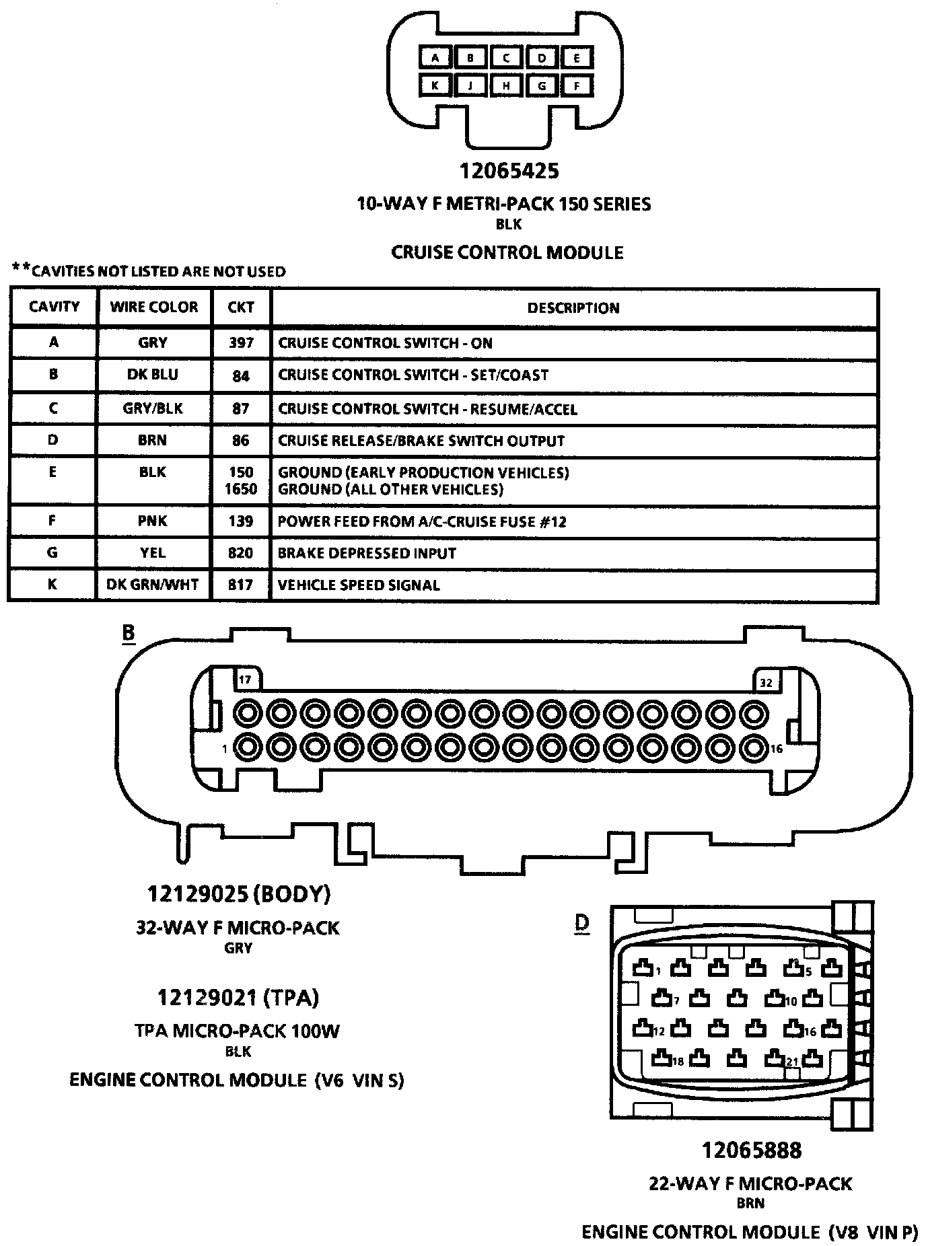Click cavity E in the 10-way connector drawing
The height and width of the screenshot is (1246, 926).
tap(577, 58)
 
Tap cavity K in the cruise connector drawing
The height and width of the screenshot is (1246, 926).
tap(435, 85)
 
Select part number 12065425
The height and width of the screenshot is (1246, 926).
tap(509, 171)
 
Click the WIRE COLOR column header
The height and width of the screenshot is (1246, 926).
tap(154, 307)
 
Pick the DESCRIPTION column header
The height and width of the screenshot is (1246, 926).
tap(573, 308)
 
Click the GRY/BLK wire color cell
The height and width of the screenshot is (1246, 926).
tap(153, 408)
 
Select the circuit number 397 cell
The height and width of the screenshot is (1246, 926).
tap(241, 343)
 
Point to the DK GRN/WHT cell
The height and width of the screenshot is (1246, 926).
tap(153, 585)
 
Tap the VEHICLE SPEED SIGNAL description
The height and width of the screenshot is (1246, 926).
tap(359, 585)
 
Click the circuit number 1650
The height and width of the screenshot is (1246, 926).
tap(241, 489)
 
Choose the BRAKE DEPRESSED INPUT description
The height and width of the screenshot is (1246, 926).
tap(367, 553)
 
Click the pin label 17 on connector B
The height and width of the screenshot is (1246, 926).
tap(245, 680)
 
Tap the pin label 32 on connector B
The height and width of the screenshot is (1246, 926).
tap(766, 683)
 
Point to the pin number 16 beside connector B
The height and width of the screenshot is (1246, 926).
tap(777, 749)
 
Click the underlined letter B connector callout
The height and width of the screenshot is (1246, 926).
tap(128, 633)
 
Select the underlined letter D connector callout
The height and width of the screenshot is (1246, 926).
tap(582, 924)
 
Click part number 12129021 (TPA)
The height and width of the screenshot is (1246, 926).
tap(238, 997)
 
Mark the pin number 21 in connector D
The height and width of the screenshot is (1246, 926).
tap(792, 1062)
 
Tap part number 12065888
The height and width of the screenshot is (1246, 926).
tap(752, 1150)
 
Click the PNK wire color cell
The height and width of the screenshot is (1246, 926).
tap(153, 521)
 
